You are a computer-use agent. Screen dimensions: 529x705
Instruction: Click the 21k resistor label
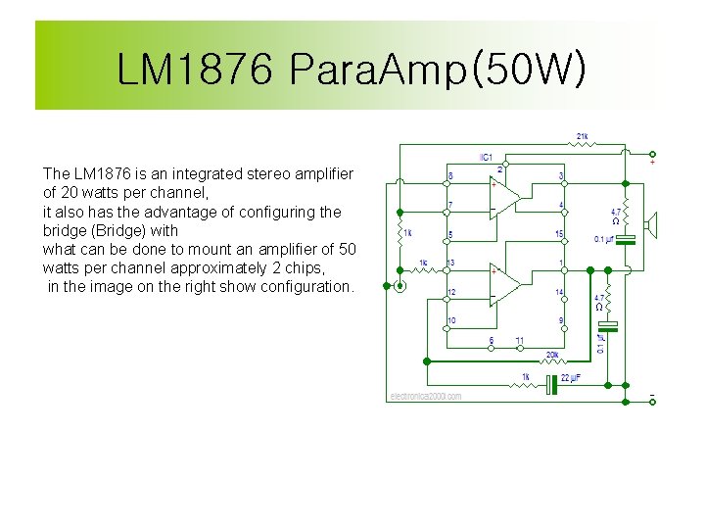coord(583,136)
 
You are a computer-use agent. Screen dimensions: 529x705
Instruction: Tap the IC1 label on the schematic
coord(486,157)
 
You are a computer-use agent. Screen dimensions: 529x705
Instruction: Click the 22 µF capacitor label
coord(571,377)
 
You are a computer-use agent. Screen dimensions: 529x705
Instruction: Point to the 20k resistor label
coord(552,355)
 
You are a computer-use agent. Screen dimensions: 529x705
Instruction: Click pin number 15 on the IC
coord(560,234)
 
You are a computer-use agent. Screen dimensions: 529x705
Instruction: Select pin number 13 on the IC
coord(450,263)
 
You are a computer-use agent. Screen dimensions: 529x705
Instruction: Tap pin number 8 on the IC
coord(450,176)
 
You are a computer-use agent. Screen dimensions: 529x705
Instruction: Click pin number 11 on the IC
coord(520,341)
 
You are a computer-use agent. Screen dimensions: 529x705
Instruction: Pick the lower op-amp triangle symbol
coord(505,284)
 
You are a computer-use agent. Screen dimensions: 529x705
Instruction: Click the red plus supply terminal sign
coord(653,162)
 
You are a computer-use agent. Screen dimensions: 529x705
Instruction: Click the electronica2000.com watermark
coord(425,396)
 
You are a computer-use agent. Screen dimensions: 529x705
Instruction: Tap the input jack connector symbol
coord(399,286)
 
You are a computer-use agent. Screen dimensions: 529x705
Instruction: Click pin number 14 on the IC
coord(560,292)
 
